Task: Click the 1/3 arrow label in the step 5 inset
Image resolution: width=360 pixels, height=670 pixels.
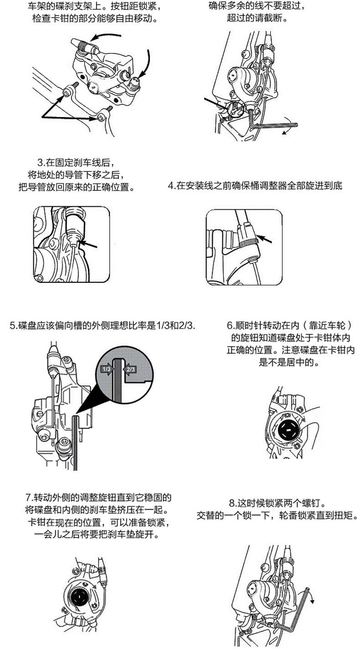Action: pyautogui.click(x=106, y=369)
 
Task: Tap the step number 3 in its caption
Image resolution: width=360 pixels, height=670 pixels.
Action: pyautogui.click(x=40, y=163)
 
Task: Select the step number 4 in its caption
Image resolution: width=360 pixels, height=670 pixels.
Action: pyautogui.click(x=170, y=186)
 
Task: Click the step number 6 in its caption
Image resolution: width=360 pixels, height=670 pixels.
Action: pyautogui.click(x=229, y=326)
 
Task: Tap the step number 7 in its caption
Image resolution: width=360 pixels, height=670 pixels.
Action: pyautogui.click(x=29, y=497)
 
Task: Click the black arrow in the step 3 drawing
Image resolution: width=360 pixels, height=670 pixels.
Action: pyautogui.click(x=89, y=246)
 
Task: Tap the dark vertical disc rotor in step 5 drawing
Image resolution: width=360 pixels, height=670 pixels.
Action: pyautogui.click(x=76, y=442)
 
